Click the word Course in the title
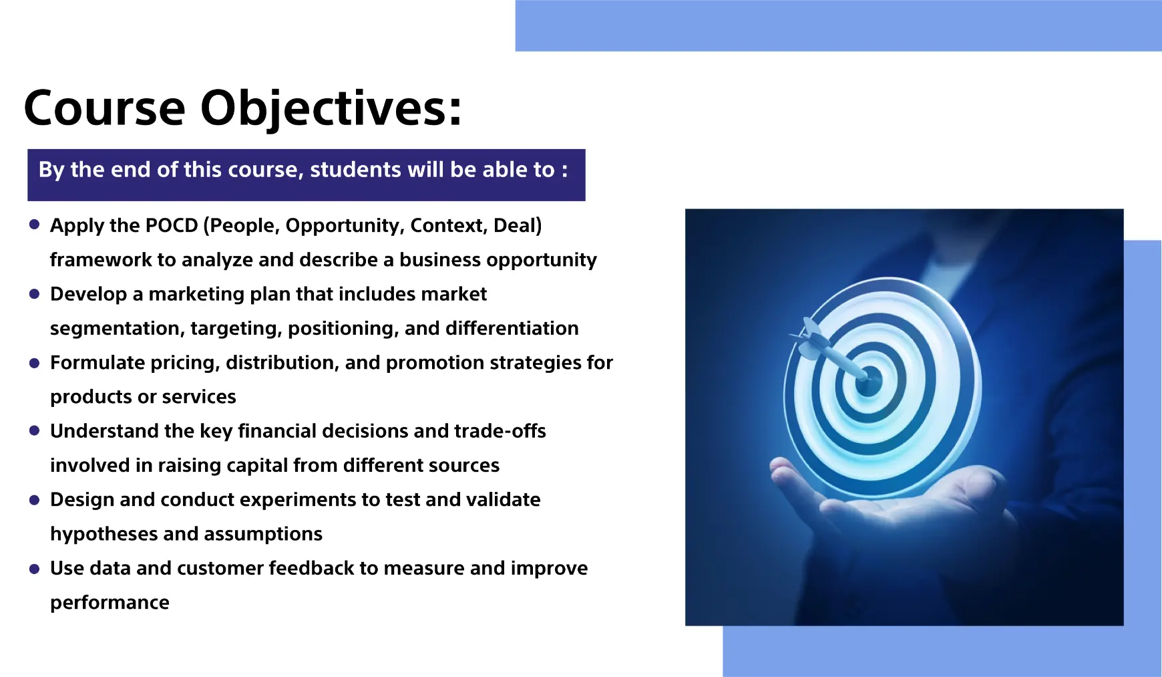(104, 108)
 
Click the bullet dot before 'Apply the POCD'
(35, 225)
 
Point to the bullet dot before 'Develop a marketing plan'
(35, 293)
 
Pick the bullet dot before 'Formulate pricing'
(35, 362)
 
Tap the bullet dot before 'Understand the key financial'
(35, 430)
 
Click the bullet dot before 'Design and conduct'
(35, 499)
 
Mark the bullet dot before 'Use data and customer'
(35, 568)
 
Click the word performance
(110, 603)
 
